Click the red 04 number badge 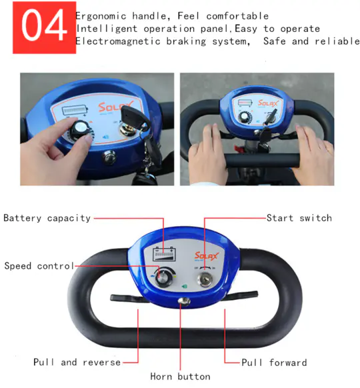click(x=44, y=27)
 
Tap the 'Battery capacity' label click(x=47, y=218)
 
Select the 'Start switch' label click(x=299, y=218)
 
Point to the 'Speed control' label click(x=39, y=266)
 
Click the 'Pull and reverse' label click(x=77, y=362)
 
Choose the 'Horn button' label click(x=181, y=377)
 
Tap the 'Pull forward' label click(x=274, y=363)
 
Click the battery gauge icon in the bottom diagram click(x=164, y=254)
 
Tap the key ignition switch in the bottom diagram click(x=205, y=279)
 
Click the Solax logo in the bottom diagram click(x=207, y=256)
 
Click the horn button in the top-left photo click(x=109, y=157)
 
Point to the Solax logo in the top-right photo click(x=268, y=103)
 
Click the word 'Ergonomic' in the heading click(x=101, y=16)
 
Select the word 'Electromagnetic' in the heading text click(x=118, y=41)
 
